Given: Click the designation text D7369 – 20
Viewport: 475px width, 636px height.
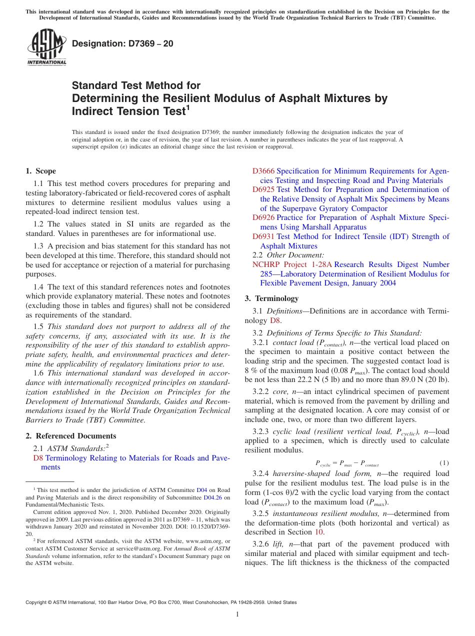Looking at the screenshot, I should tap(122, 43).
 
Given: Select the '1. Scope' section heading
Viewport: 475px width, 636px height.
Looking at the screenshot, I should tap(40, 171).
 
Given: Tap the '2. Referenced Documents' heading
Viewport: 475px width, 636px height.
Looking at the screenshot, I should tap(70, 436).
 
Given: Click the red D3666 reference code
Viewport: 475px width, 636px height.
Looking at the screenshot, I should tap(263, 171).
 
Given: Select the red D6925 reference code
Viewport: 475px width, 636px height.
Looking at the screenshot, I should tap(263, 189).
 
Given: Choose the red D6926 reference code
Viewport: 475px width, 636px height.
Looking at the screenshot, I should tap(263, 217).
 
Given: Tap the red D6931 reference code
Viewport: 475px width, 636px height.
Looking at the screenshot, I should tap(263, 236).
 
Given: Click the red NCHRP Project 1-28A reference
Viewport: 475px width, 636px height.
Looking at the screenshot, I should tap(292, 264).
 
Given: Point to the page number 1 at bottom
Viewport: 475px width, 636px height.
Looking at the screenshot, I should tap(237, 614).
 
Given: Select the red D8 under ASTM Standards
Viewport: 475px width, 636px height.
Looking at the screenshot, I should tap(38, 458).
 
